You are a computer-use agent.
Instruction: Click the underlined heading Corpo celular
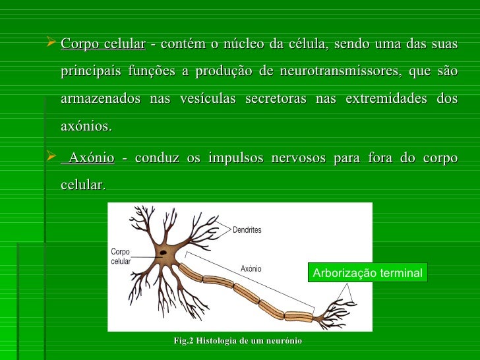click(x=103, y=45)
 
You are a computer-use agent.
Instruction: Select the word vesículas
click(x=208, y=98)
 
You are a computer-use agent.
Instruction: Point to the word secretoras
click(x=276, y=98)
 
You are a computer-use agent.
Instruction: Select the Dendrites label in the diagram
click(x=247, y=230)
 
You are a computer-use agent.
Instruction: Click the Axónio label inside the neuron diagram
click(x=251, y=268)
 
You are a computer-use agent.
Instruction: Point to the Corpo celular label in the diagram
click(x=121, y=256)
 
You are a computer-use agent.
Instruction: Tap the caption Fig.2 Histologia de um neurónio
click(x=237, y=340)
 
